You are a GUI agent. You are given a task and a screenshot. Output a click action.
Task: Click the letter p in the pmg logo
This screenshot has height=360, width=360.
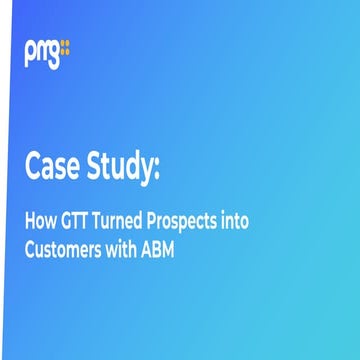pyautogui.click(x=30, y=50)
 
